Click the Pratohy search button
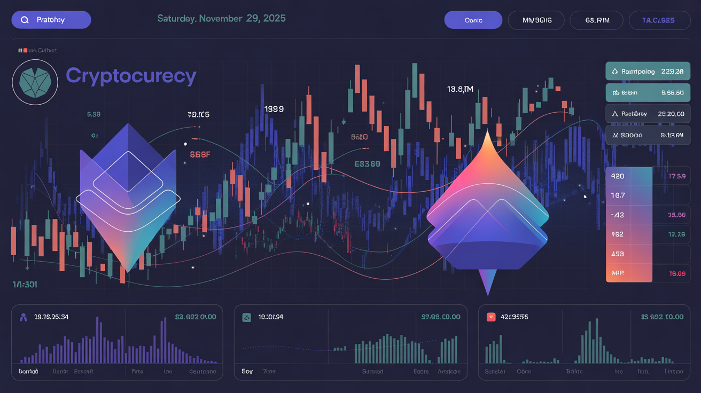point(51,20)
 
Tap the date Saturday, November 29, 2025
point(221,18)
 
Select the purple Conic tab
point(473,20)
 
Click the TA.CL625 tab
point(659,20)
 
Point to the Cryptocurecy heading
point(131,76)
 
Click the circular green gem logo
point(35,81)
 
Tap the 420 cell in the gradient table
point(618,176)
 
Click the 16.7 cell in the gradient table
point(618,195)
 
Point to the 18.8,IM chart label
point(460,89)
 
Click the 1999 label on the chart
point(274,109)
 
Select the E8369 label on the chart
point(367,164)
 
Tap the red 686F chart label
point(200,155)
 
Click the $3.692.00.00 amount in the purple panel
point(196,317)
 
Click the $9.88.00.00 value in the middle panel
point(440,317)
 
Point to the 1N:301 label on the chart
point(25,284)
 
